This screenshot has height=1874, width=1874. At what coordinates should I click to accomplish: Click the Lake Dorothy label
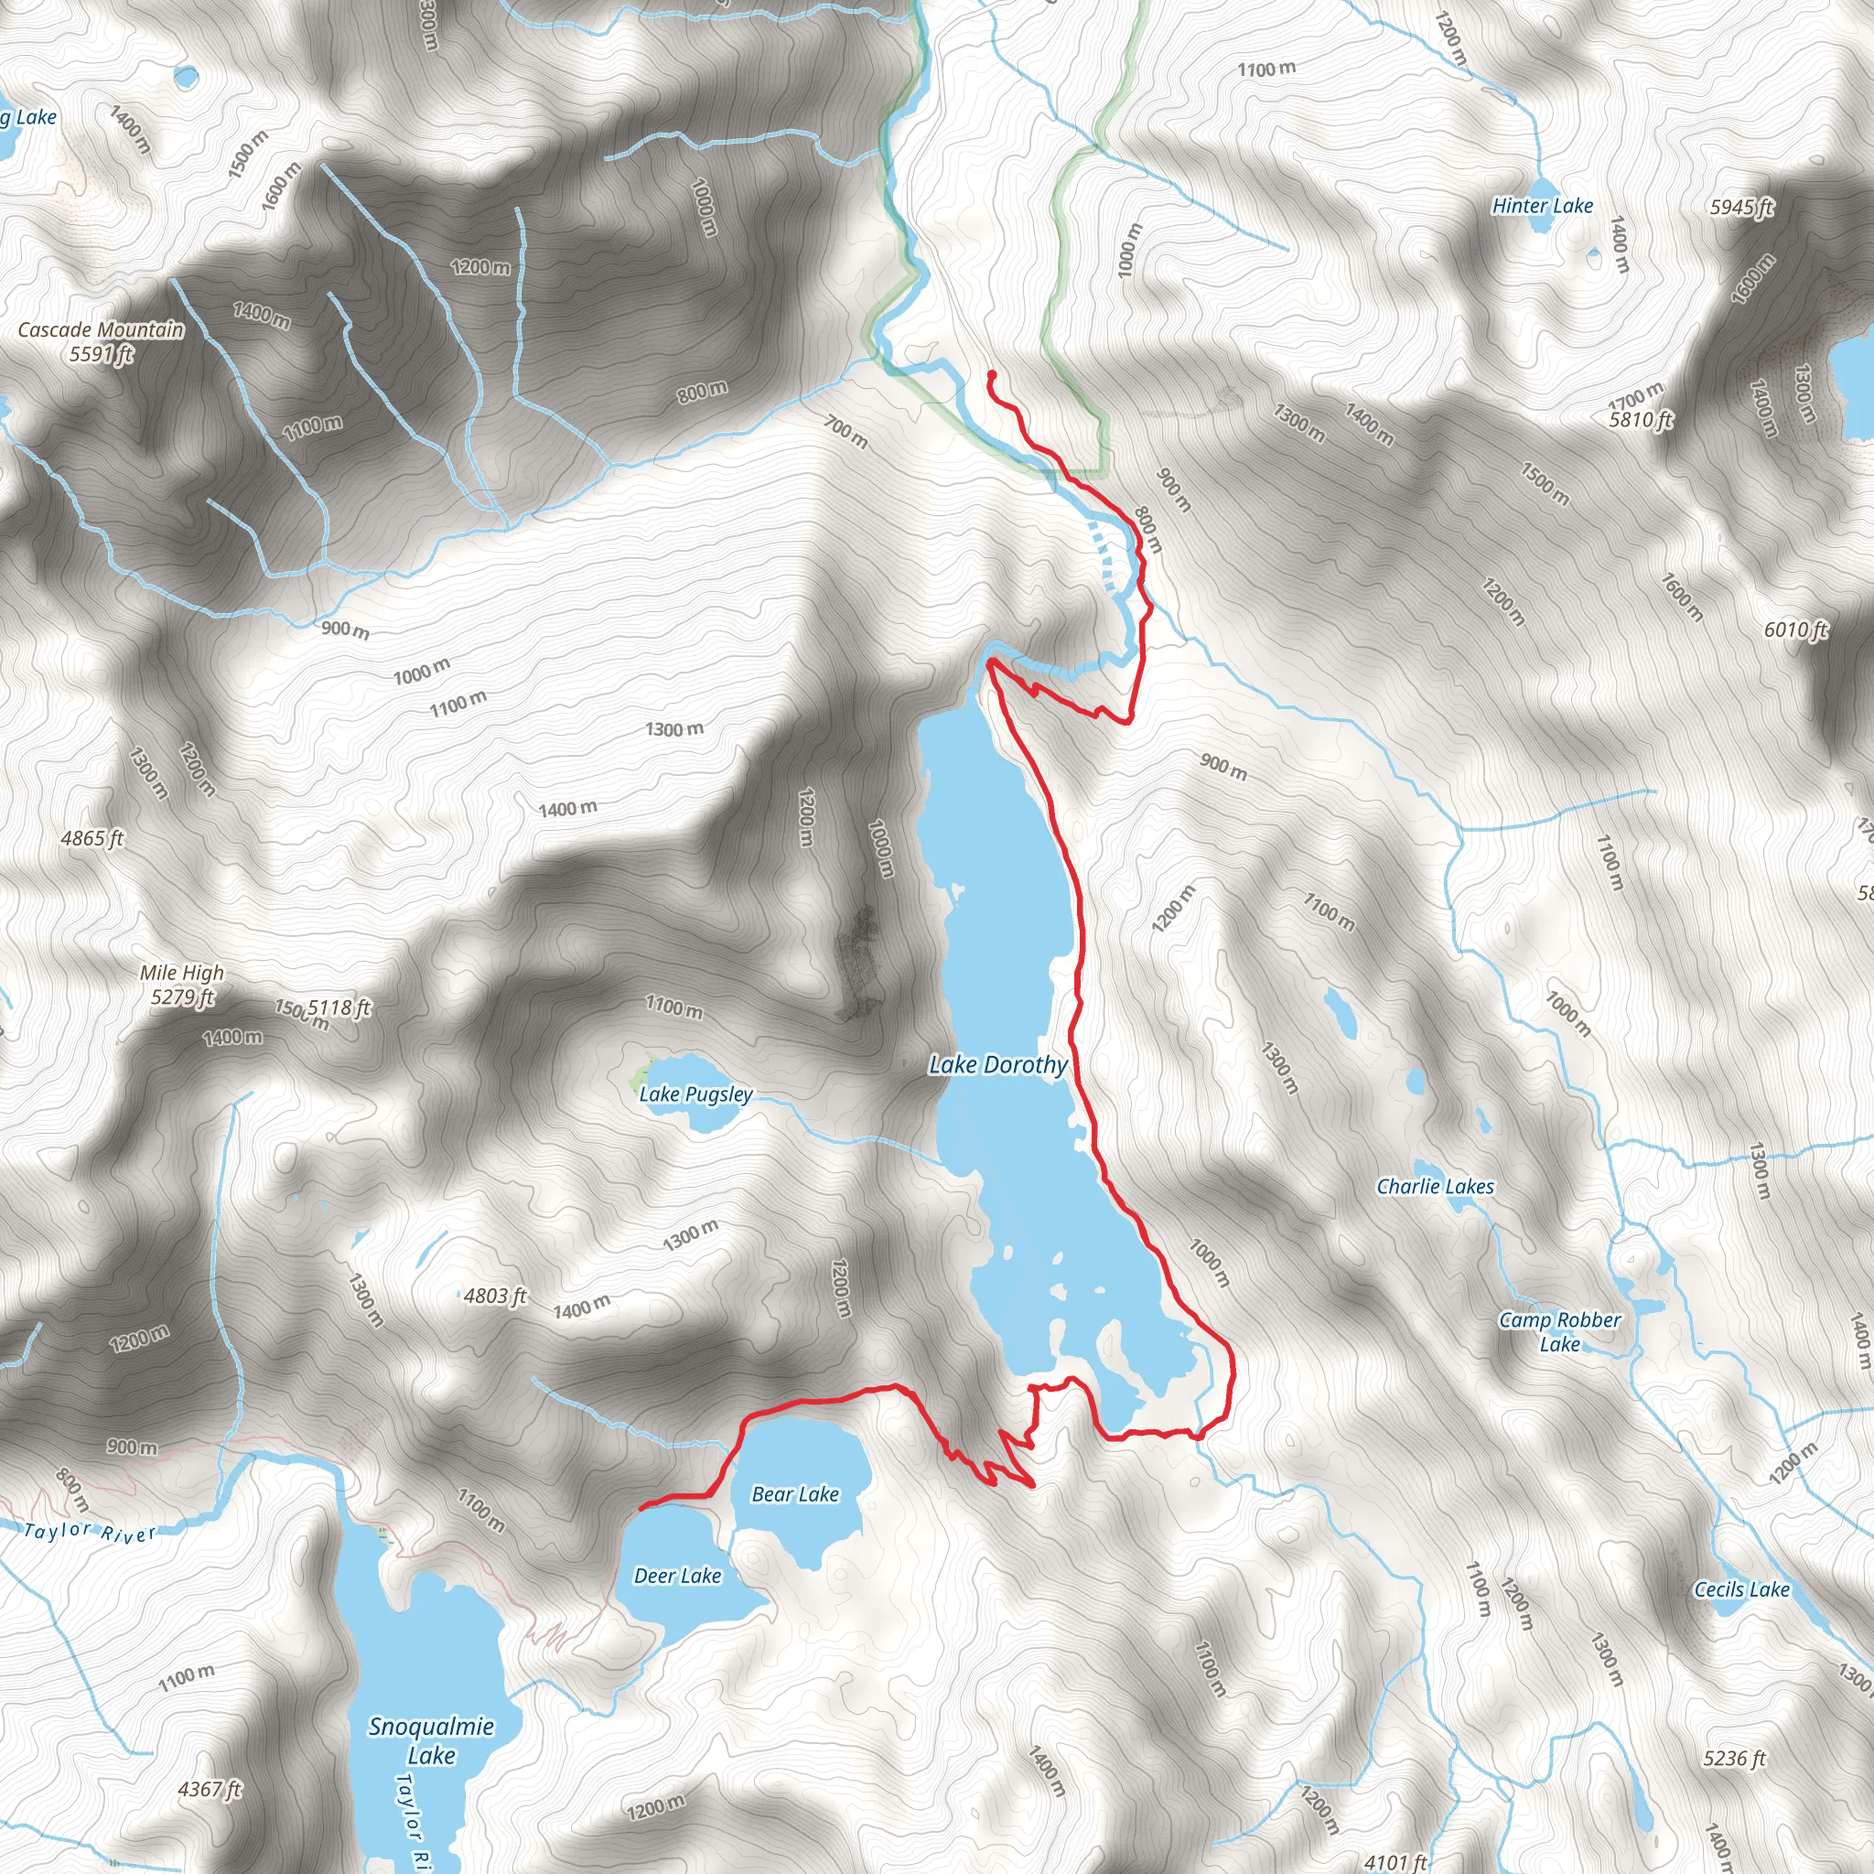tap(998, 1065)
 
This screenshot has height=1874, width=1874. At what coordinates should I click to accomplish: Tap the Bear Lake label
tap(795, 1495)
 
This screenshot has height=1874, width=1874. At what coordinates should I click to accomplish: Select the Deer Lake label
tap(677, 1577)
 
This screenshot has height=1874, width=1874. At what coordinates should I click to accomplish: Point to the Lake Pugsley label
tap(695, 1094)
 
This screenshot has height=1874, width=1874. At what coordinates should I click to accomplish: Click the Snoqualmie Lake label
tap(432, 1740)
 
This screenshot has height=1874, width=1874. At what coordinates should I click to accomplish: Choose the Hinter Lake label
tap(1542, 206)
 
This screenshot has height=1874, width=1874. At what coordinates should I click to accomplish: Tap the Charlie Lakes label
tap(1436, 1186)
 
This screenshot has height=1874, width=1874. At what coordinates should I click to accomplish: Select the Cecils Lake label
tap(1742, 1589)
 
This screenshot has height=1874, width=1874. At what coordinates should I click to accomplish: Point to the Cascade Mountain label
tap(101, 341)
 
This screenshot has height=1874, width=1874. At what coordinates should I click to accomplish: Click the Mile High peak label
tap(181, 984)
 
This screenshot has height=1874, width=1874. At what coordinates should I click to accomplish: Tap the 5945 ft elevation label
tap(1742, 207)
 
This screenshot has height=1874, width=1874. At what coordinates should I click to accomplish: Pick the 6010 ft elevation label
tap(1795, 630)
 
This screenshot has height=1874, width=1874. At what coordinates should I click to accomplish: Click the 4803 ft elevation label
tap(495, 1296)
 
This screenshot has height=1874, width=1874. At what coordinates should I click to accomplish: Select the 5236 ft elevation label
tap(1735, 1731)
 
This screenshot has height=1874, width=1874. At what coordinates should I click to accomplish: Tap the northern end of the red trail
tap(990, 374)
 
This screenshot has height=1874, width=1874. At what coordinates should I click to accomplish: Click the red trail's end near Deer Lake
tap(641, 1508)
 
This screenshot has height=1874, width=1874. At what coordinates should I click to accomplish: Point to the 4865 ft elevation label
tap(92, 838)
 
